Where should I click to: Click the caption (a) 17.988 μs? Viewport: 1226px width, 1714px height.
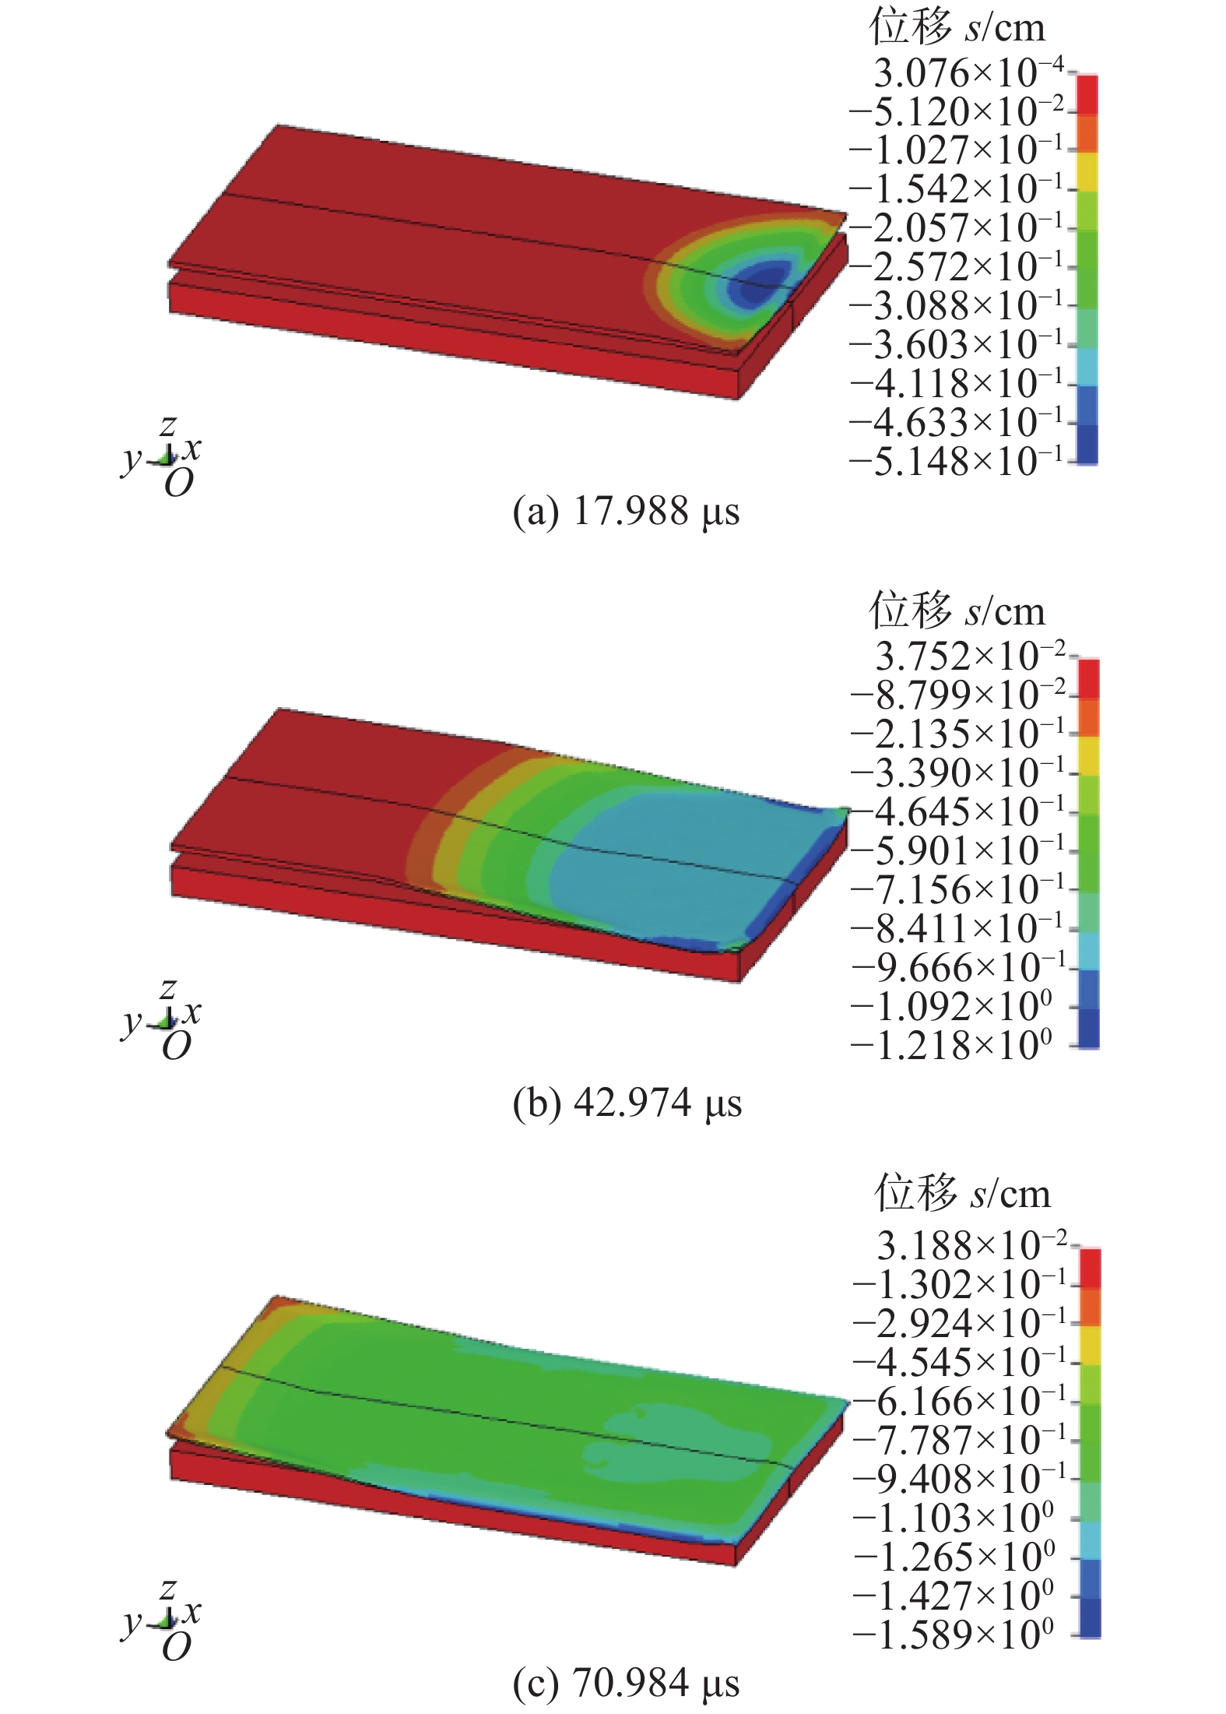click(x=626, y=512)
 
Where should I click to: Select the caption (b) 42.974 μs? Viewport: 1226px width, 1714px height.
click(x=627, y=1103)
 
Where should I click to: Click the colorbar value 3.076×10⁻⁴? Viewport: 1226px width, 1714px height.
click(x=968, y=73)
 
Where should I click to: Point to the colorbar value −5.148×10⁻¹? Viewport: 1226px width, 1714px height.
click(x=956, y=462)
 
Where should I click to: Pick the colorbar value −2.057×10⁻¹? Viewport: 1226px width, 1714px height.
click(x=956, y=228)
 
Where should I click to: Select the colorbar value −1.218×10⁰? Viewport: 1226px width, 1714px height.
click(x=951, y=1045)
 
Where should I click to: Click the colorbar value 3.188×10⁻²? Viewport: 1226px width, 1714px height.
click(x=971, y=1245)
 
